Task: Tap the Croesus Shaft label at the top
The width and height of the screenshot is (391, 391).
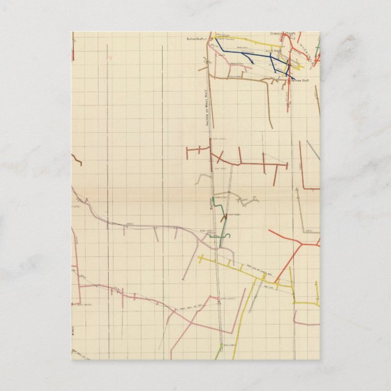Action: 282,34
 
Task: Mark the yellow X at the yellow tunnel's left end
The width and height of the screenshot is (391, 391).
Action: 200,258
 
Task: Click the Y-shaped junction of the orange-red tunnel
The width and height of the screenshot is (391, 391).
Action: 301,245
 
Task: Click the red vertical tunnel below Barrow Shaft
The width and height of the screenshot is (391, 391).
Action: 288,97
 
